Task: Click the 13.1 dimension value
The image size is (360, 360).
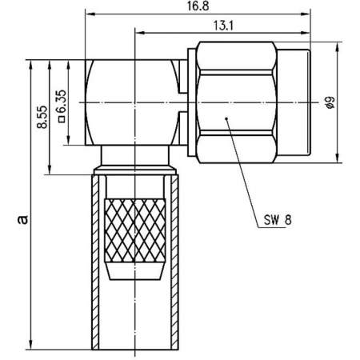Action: (222, 26)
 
